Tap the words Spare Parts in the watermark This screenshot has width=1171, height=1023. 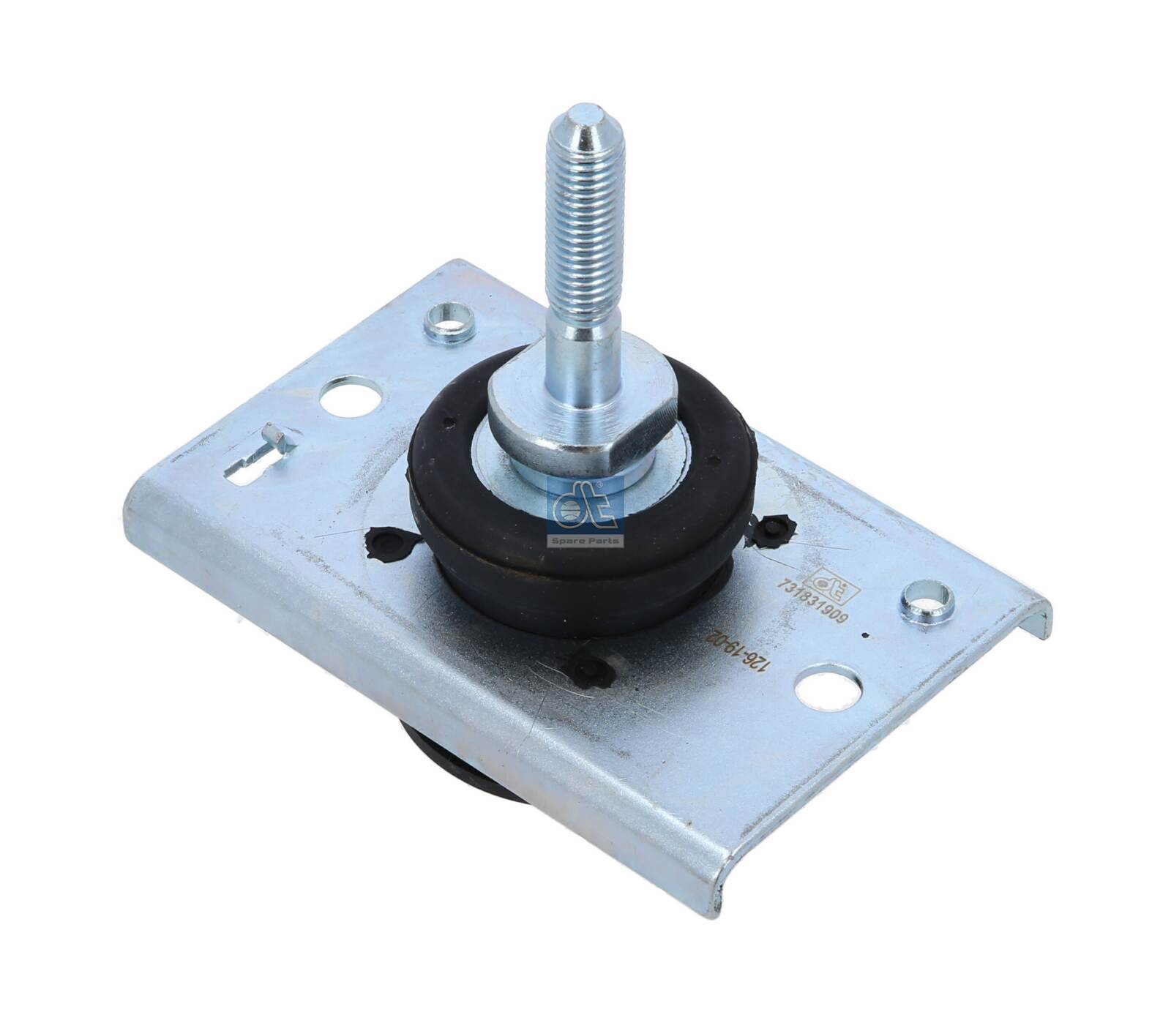point(585,541)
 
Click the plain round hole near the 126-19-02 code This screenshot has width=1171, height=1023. point(826,689)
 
